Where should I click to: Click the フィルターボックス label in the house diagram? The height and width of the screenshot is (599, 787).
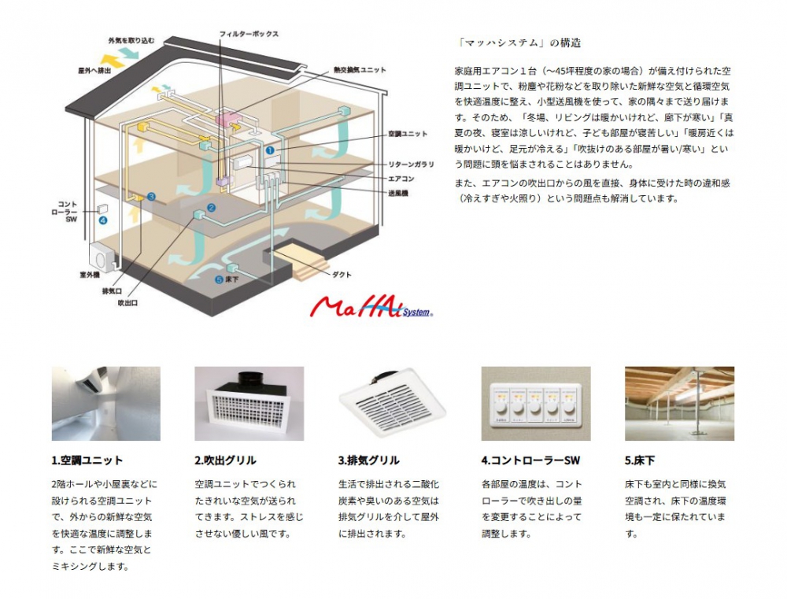249,34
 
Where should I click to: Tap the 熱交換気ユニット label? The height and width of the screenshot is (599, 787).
360,70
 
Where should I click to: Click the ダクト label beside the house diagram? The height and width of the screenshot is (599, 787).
342,274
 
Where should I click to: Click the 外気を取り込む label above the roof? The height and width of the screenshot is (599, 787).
131,40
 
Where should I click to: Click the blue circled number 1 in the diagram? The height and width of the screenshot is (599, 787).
269,149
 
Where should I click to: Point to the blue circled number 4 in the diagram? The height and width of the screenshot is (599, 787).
102,221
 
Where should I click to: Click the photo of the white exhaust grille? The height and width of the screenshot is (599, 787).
392,403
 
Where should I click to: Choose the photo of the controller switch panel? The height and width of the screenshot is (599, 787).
535,403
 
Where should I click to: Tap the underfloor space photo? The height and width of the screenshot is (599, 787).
679,403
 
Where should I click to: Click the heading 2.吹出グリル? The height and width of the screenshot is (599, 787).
225,460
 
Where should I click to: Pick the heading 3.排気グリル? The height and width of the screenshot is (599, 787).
368,460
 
